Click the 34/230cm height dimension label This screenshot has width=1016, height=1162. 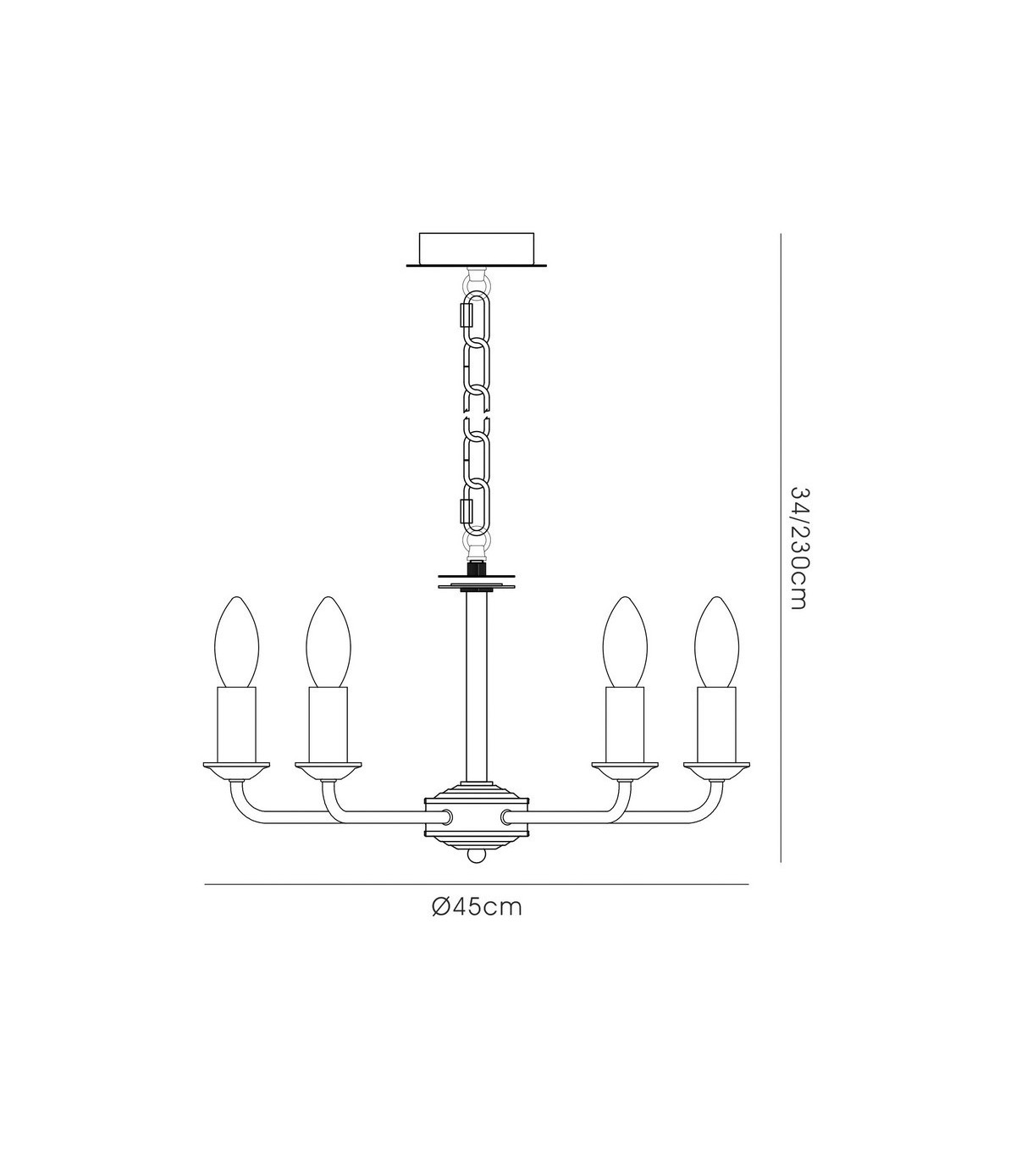coord(798,548)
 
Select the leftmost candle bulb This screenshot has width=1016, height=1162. coord(236,642)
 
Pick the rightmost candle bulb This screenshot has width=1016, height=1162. coord(717,642)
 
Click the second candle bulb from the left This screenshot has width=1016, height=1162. coord(328,642)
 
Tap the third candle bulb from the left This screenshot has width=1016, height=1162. coord(625,642)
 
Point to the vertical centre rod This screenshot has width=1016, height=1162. coord(476,689)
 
